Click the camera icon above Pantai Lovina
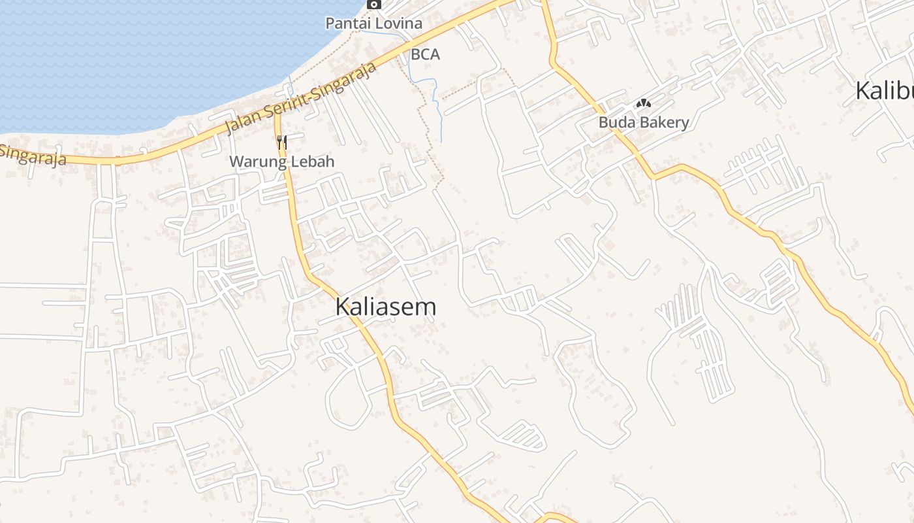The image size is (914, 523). [x=374, y=4]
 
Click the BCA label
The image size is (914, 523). [x=425, y=55]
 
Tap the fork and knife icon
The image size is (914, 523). [x=282, y=142]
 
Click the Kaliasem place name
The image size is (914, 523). [x=385, y=307]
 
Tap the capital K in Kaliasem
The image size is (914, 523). [x=343, y=307]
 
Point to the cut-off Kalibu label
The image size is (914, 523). [x=885, y=91]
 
